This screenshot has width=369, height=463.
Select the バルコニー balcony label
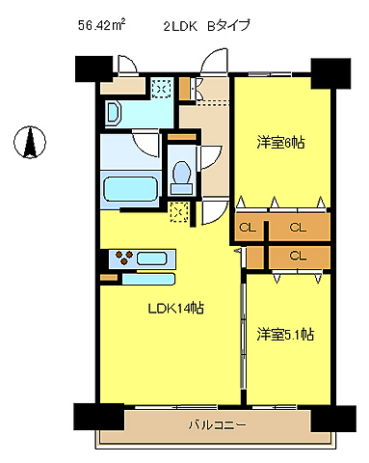216,424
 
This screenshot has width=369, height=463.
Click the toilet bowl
179,175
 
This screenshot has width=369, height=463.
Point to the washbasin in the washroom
113,113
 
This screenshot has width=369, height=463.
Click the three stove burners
124,258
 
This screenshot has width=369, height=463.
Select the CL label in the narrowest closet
246,228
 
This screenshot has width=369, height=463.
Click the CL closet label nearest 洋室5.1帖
297,256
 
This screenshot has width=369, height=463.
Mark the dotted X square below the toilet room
178,212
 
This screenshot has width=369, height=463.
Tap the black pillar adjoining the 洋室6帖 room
329,73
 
